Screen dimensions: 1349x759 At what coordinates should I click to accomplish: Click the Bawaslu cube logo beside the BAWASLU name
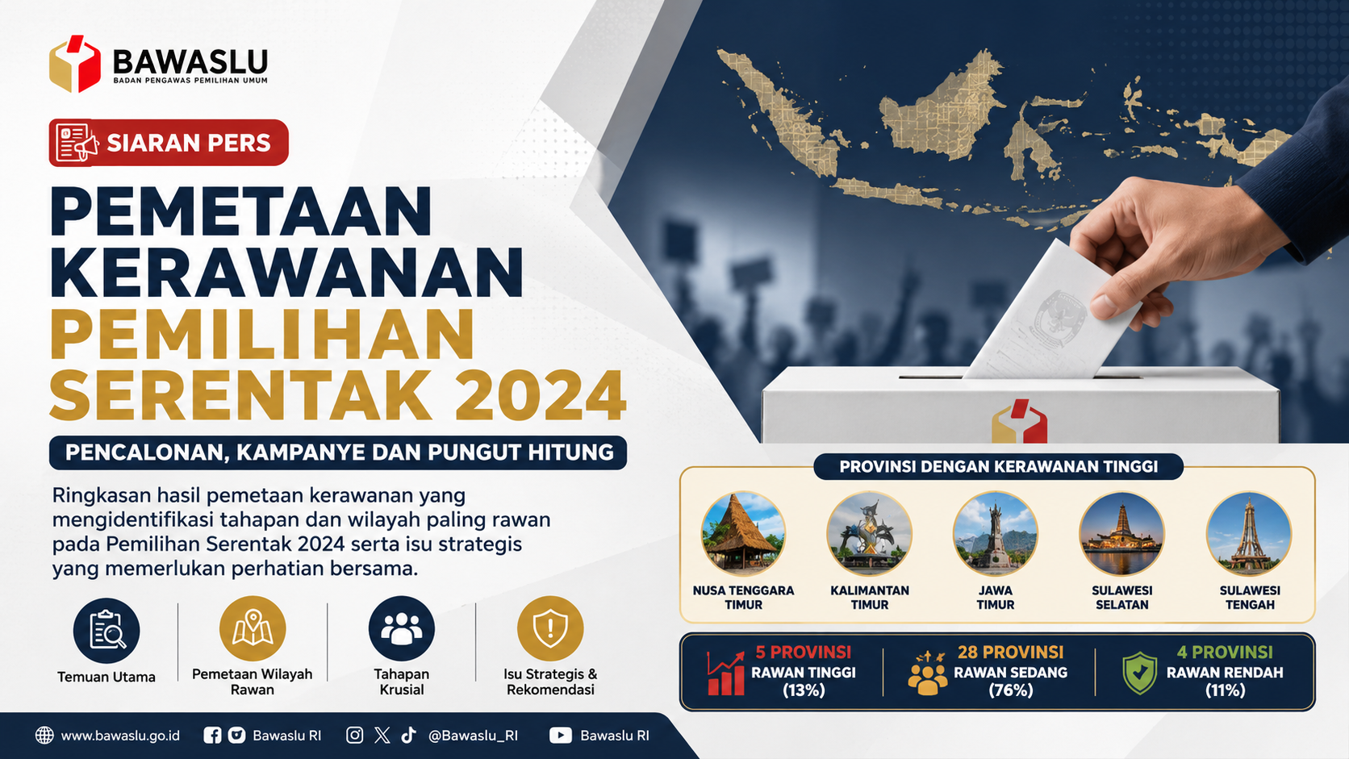point(75,64)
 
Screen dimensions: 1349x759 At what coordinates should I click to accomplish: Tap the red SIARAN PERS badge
point(169,143)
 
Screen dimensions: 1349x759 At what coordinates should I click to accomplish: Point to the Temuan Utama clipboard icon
point(106,630)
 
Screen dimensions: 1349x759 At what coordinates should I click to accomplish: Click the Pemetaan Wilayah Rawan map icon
point(253,629)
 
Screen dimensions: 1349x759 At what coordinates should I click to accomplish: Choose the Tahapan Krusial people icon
point(401,629)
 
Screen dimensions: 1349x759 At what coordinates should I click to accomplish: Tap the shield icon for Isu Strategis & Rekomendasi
point(550,629)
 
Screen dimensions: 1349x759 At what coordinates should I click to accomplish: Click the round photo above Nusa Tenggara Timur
point(743,533)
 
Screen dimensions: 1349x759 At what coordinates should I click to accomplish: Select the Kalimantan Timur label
point(870,597)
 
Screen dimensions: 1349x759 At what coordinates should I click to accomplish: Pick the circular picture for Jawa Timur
point(996,533)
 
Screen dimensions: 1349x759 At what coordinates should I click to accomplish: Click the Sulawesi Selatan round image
point(1121,533)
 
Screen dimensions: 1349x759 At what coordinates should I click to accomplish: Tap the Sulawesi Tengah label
point(1250,597)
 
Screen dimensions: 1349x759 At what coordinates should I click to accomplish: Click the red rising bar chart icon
point(725,673)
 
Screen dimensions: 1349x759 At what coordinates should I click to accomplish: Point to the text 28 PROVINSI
point(1011,653)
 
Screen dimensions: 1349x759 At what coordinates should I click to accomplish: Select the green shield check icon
point(1139,673)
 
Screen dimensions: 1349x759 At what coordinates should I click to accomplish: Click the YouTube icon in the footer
point(560,736)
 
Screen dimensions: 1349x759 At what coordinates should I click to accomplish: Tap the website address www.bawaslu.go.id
point(120,736)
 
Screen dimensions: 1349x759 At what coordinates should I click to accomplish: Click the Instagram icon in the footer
point(355,735)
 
